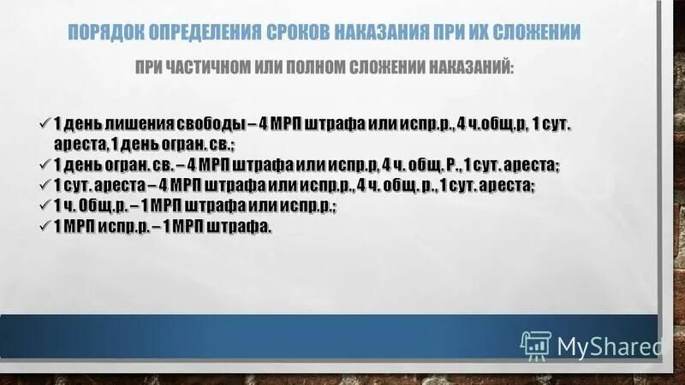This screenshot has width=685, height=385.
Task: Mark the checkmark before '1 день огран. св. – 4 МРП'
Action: tap(46, 164)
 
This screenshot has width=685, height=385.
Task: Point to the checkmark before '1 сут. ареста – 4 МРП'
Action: tap(46, 185)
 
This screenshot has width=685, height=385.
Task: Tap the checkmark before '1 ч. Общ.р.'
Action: tap(46, 205)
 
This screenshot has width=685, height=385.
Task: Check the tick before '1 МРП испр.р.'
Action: tap(46, 227)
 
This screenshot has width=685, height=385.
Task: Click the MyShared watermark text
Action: tap(610, 346)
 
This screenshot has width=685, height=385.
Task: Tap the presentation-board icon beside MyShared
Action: tap(535, 344)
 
